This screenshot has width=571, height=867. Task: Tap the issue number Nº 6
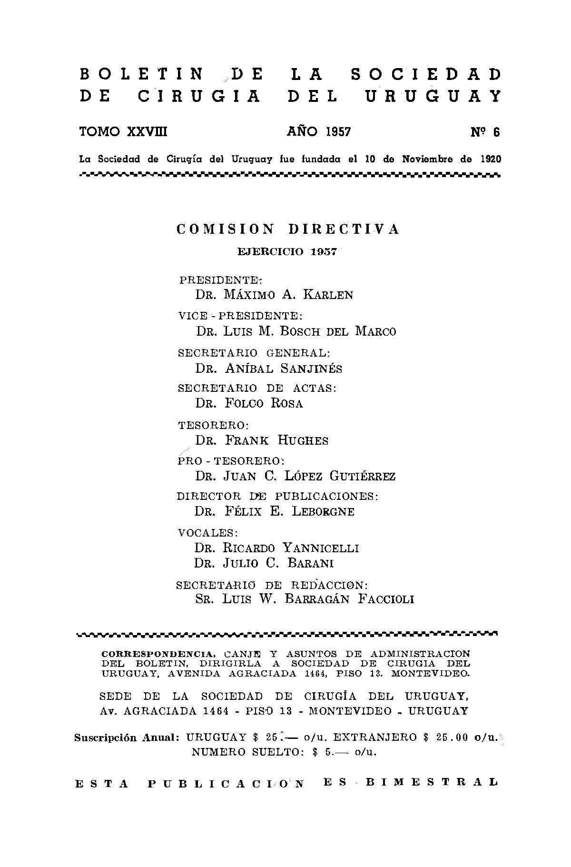(485, 132)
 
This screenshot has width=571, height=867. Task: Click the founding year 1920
(490, 159)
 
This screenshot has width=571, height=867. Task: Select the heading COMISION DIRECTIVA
(288, 229)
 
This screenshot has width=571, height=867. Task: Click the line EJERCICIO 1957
(287, 252)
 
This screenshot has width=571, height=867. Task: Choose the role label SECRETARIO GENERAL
(253, 353)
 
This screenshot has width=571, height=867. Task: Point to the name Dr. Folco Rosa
(249, 403)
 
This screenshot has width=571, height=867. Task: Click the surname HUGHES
(303, 440)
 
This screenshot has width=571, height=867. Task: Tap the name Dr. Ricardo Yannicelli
(276, 548)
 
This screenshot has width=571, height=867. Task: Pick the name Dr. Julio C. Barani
(264, 563)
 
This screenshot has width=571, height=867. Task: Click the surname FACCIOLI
(386, 599)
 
